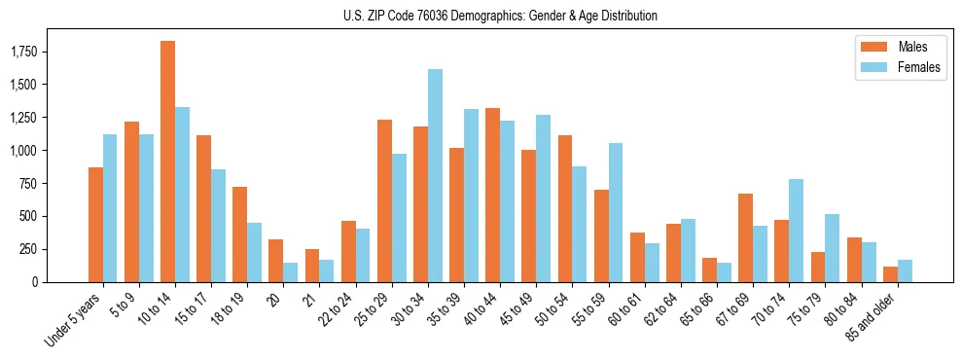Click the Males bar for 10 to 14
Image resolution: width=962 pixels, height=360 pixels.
click(167, 162)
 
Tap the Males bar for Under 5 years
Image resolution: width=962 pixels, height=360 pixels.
click(95, 225)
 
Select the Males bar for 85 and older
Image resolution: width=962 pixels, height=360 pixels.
click(890, 274)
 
